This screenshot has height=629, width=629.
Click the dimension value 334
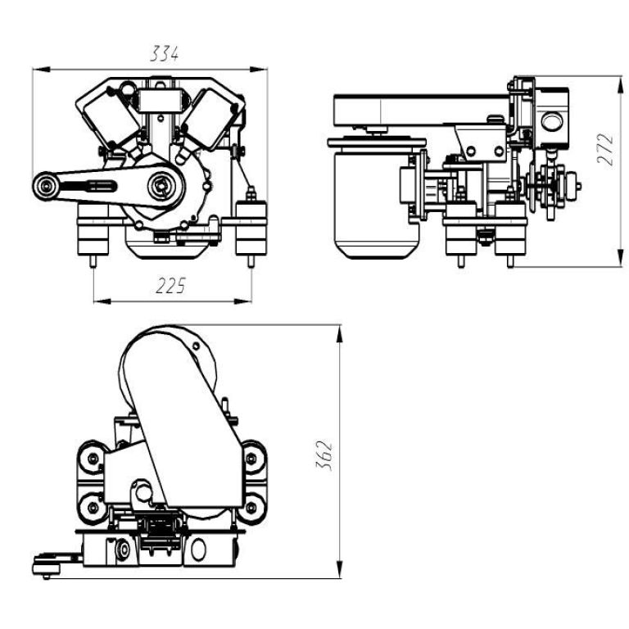click(x=164, y=53)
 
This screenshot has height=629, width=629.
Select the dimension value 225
click(x=170, y=286)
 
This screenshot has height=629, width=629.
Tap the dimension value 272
click(x=605, y=149)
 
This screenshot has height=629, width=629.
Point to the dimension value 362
click(x=324, y=455)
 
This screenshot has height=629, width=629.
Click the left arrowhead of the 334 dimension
click(x=41, y=70)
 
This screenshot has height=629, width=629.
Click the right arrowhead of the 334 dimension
click(x=259, y=70)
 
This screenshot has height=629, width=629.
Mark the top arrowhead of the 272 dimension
click(x=621, y=84)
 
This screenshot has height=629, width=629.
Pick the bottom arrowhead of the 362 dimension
click(x=340, y=570)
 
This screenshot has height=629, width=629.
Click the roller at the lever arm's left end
click(x=47, y=186)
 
